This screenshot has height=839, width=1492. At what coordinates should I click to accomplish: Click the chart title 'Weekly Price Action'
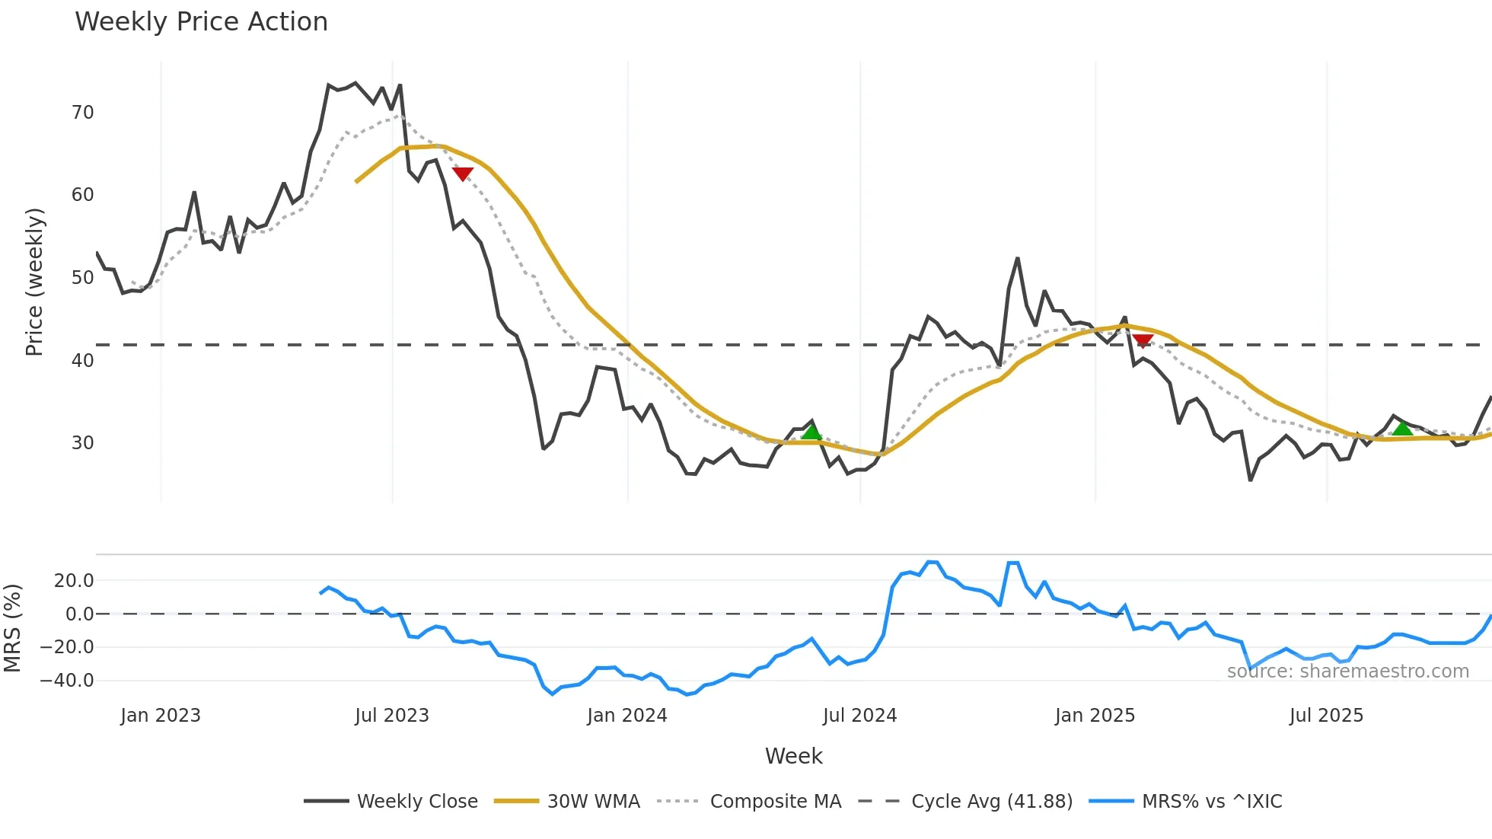[201, 22]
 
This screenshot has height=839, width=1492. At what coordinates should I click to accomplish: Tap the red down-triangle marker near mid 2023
[463, 174]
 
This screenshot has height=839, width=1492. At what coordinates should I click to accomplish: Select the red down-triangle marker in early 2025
[1143, 340]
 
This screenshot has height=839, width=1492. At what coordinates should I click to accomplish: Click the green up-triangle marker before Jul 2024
[811, 432]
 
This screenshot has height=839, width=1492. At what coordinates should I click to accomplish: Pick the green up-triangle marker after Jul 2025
[1402, 429]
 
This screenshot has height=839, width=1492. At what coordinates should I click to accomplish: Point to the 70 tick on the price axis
[82, 113]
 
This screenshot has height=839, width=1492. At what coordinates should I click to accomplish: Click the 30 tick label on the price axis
[82, 443]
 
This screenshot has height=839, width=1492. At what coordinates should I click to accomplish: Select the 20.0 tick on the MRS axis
[74, 581]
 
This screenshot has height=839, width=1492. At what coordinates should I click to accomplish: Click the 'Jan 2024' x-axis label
[626, 716]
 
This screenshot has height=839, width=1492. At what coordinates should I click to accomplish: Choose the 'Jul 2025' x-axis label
[1326, 716]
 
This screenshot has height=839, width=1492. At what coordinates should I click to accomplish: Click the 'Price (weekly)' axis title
[34, 282]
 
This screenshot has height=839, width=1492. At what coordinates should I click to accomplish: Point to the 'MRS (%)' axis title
[12, 628]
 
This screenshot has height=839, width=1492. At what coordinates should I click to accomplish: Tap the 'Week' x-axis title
[793, 756]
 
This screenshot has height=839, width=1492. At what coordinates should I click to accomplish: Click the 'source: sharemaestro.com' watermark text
[1347, 672]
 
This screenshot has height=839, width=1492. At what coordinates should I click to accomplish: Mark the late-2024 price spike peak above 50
[1017, 259]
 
